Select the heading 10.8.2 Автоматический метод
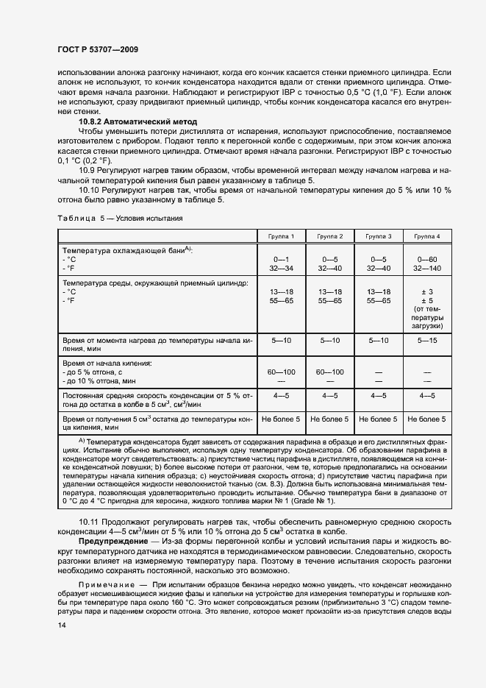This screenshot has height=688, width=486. [x=137, y=120]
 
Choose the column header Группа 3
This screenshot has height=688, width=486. [x=379, y=236]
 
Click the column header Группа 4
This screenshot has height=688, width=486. [x=427, y=236]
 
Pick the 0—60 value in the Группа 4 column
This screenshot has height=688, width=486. [x=427, y=260]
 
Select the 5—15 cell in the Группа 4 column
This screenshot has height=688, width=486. [x=427, y=341]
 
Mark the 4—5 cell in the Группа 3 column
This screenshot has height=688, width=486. [x=379, y=396]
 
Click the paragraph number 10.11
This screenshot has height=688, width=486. [x=89, y=522]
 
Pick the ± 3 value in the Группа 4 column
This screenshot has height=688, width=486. [x=427, y=292]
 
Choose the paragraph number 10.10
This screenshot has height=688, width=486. [x=89, y=190]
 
